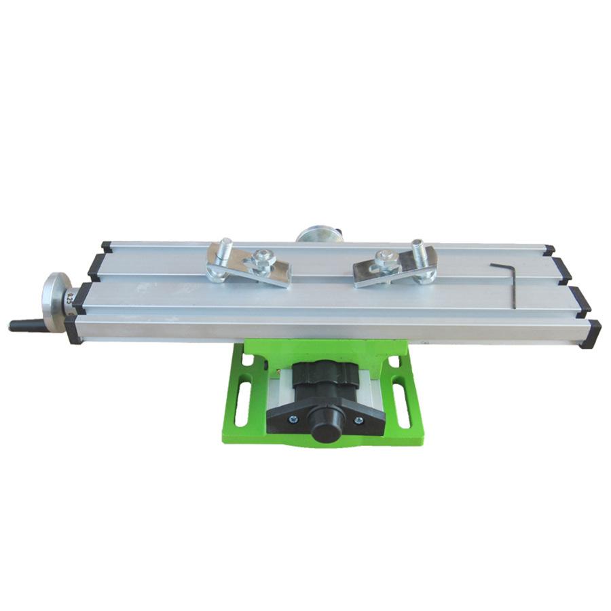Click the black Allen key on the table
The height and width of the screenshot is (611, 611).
506,282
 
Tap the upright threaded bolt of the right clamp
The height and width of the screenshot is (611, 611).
418,252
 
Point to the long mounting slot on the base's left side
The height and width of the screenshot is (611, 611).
241,401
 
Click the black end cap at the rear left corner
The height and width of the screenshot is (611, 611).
107,246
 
